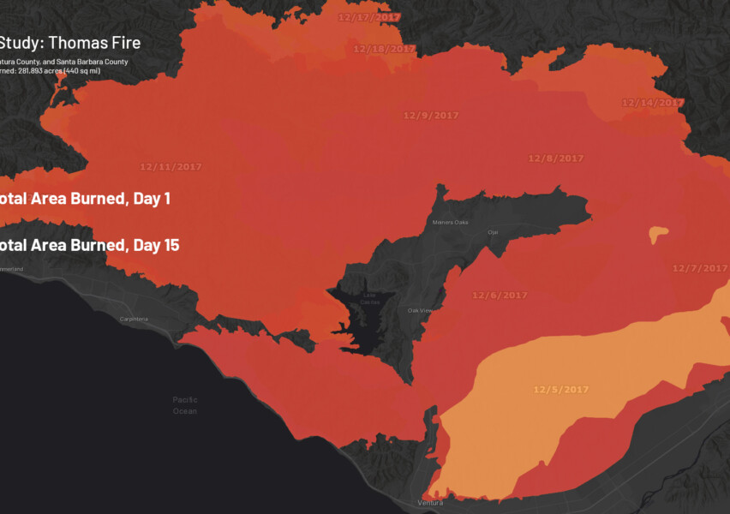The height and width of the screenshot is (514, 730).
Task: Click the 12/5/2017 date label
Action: click(561, 390)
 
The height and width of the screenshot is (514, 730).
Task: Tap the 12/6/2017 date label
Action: click(500, 296)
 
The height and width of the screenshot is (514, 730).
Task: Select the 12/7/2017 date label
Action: click(699, 268)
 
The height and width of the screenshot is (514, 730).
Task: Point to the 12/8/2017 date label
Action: click(555, 158)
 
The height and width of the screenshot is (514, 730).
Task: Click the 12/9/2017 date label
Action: click(431, 115)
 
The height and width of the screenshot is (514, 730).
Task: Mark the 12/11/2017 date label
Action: click(171, 167)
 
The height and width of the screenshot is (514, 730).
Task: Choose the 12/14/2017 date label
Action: click(653, 103)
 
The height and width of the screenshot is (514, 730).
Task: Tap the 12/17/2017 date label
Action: click(369, 17)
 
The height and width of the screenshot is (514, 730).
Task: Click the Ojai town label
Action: click(493, 232)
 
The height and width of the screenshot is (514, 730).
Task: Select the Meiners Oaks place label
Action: click(451, 223)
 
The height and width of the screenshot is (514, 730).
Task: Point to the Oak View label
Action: click(420, 310)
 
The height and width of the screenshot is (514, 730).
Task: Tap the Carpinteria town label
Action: click(133, 320)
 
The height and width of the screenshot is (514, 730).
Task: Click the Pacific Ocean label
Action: click(184, 405)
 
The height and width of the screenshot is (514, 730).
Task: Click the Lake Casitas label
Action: click(369, 299)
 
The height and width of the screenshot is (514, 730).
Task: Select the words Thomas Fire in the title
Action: click(99, 43)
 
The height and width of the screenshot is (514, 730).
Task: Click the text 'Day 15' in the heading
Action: click(156, 246)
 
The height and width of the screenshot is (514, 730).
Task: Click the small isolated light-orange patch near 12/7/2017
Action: click(659, 233)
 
